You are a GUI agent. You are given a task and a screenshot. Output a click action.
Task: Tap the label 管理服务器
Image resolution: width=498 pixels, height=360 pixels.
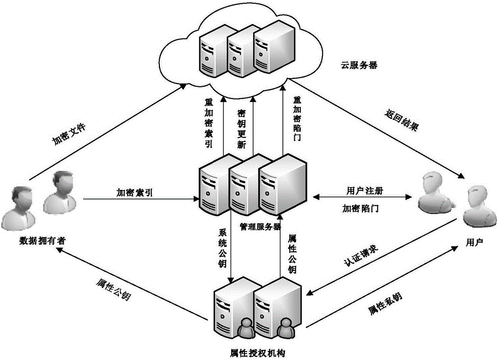(260, 226)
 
